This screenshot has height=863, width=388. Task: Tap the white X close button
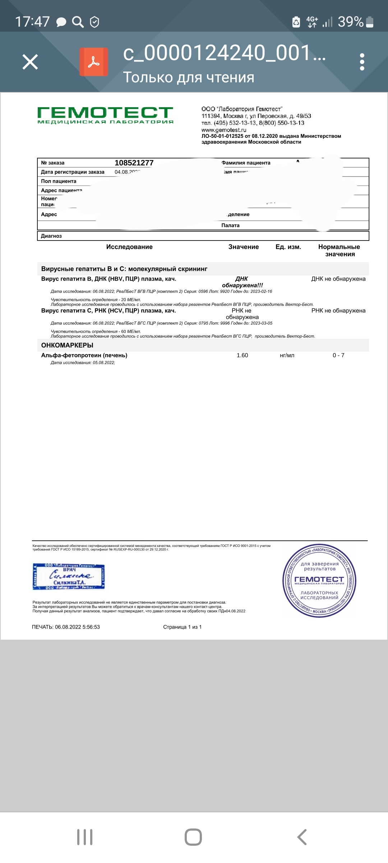(30, 62)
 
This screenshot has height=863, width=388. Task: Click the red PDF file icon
(94, 62)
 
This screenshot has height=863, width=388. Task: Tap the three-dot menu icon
(362, 62)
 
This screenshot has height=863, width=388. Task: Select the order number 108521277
(134, 163)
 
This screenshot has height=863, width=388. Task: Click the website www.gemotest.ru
(224, 130)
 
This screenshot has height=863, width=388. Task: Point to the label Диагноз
(51, 236)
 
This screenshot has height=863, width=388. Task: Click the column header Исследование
(129, 247)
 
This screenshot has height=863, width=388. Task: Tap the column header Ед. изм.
(288, 247)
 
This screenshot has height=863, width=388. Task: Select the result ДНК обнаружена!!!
(242, 282)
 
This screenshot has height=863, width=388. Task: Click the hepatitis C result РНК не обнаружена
(242, 314)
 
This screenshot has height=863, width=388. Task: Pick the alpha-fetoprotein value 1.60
(242, 355)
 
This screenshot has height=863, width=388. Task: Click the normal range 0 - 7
(338, 355)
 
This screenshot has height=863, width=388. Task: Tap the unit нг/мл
(287, 355)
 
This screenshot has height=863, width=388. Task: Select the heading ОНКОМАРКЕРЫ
(67, 345)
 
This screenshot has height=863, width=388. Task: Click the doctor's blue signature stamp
(69, 576)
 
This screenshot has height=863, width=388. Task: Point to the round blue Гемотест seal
(319, 580)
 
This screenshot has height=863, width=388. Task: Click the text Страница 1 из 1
(182, 627)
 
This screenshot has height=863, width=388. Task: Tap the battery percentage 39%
(351, 22)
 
